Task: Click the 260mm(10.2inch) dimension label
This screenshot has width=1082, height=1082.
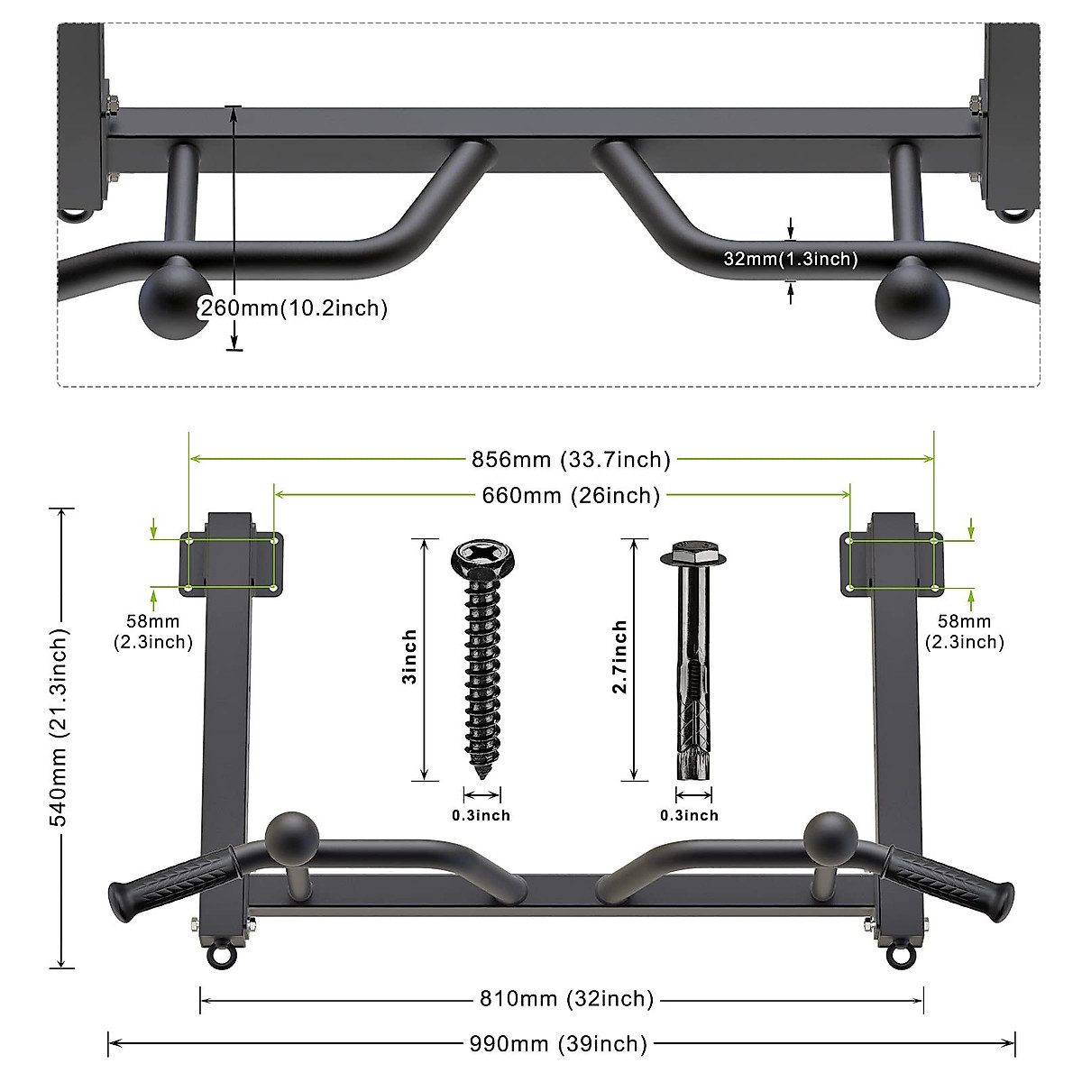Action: [294, 308]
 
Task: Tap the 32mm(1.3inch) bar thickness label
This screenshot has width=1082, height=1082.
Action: [790, 259]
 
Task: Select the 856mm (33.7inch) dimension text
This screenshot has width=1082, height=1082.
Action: [572, 460]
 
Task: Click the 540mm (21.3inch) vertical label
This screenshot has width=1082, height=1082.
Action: [59, 739]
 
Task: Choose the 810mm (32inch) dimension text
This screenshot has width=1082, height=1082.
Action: [565, 998]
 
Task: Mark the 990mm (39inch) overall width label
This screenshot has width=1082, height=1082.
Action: [558, 1043]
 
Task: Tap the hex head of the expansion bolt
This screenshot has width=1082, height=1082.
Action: [691, 553]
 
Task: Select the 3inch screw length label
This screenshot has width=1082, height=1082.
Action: [409, 657]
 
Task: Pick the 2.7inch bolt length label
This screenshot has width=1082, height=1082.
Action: [620, 657]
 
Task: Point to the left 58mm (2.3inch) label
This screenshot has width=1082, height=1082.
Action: [153, 631]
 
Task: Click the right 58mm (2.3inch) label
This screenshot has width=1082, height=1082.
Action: [964, 631]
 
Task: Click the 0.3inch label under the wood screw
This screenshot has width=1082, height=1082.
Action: [481, 815]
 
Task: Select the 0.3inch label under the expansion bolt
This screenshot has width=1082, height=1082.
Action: [690, 815]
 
